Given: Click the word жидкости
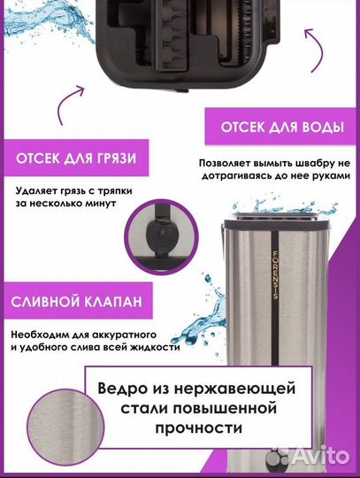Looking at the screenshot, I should [x=154, y=347].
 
